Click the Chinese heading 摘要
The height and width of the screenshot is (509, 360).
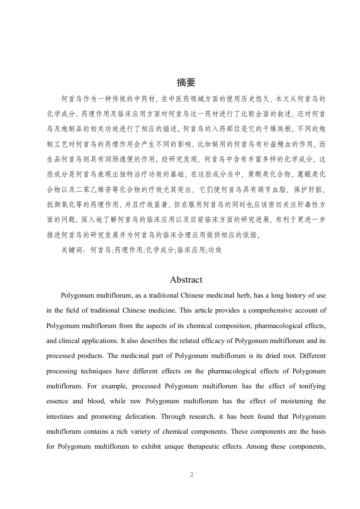(186, 82)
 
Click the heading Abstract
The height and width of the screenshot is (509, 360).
(186, 279)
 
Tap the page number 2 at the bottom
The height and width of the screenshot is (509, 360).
(192, 475)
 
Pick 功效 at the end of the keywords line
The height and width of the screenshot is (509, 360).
(214, 250)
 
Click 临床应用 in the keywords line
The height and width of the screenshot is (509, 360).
(190, 250)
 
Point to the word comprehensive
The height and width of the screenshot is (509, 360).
(254, 311)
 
